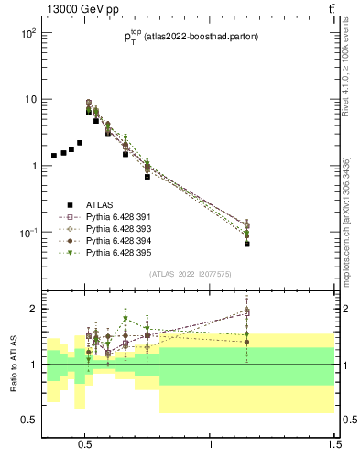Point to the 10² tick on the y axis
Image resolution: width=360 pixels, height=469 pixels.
click(x=27, y=33)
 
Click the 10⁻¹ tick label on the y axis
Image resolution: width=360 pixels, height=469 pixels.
click(x=27, y=233)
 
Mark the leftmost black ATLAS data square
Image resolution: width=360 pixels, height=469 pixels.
click(x=54, y=156)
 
